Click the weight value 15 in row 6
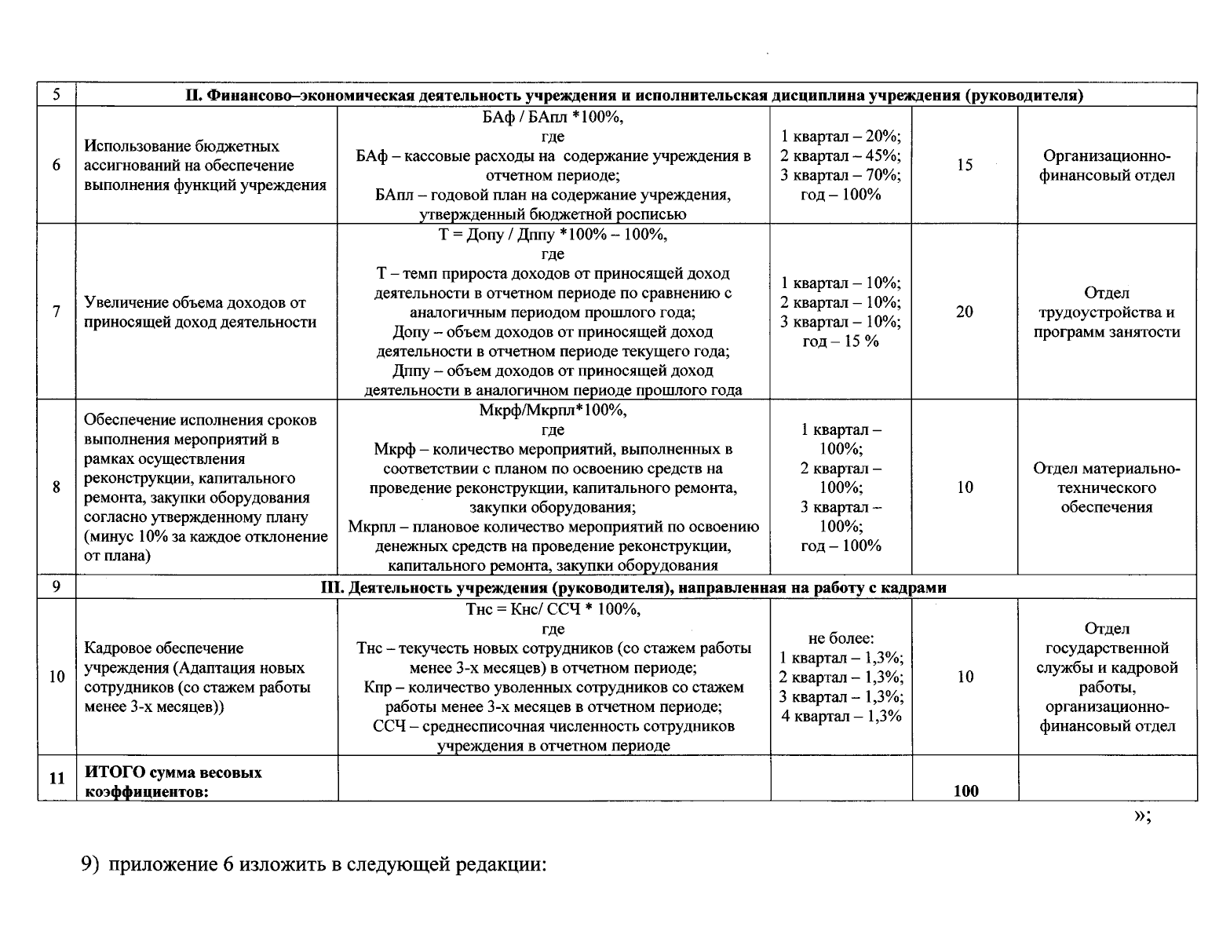tap(965, 165)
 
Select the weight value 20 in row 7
tap(965, 312)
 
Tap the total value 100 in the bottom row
tap(965, 790)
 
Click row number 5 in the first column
tap(57, 95)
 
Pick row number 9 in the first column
tap(57, 586)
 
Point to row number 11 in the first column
tap(57, 779)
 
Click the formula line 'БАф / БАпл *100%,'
tap(553, 118)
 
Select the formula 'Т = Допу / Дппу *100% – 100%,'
tap(553, 235)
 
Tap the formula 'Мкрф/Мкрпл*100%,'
tap(553, 411)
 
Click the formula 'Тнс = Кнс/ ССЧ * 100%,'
tap(553, 609)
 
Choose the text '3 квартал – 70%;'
tap(841, 174)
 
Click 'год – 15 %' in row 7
tap(841, 341)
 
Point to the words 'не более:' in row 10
tap(841, 638)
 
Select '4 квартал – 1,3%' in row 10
tap(841, 716)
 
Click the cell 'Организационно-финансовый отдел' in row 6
tap(1107, 165)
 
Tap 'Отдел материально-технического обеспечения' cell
tap(1107, 487)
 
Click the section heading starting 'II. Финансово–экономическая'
tap(634, 96)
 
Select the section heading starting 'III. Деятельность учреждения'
tap(634, 587)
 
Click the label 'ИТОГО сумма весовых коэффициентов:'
tap(173, 781)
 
